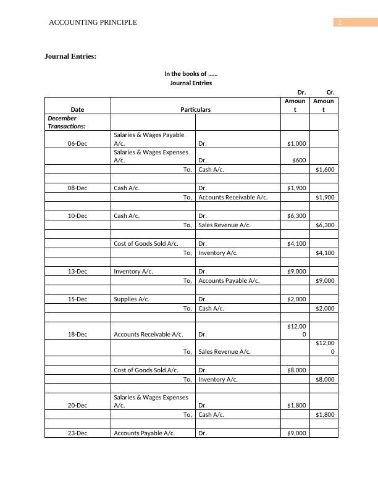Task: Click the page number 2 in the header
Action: pos(339,23)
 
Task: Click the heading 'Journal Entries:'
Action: pos(70,56)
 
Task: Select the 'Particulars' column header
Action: pos(195,109)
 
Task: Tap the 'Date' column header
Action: pos(77,109)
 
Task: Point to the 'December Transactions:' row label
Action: pos(66,122)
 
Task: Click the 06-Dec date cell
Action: pos(77,143)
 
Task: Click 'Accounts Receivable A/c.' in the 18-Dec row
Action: pos(148,334)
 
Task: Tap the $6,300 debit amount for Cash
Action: pos(296,216)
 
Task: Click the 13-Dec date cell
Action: pos(77,271)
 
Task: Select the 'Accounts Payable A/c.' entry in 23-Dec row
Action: pos(145,433)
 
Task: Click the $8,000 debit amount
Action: pos(296,370)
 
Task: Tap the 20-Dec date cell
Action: pos(77,405)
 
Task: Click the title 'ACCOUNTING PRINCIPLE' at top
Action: pos(93,23)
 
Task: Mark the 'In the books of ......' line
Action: pos(191,73)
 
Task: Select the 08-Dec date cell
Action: pos(77,188)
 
